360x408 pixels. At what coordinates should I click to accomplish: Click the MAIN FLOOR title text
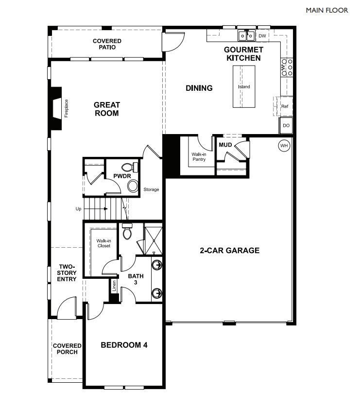(327, 10)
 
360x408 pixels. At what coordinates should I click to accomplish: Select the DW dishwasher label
(262, 36)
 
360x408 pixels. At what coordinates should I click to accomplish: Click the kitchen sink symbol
(246, 36)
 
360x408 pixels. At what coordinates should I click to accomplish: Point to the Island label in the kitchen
(244, 87)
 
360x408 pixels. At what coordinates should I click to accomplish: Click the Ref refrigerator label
(285, 105)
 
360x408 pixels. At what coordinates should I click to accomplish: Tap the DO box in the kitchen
(286, 125)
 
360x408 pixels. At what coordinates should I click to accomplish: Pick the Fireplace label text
(67, 108)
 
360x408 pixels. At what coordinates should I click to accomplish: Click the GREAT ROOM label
(106, 109)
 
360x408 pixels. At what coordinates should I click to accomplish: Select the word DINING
(199, 88)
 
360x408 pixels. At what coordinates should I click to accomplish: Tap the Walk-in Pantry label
(199, 157)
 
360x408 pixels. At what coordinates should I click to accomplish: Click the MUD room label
(225, 145)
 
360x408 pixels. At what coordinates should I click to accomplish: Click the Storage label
(151, 189)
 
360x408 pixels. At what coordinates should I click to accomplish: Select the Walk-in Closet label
(103, 243)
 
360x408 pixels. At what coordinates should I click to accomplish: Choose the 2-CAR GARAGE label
(229, 251)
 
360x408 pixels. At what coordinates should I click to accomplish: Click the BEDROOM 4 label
(124, 345)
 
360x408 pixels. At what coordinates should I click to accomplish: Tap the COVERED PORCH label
(67, 349)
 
